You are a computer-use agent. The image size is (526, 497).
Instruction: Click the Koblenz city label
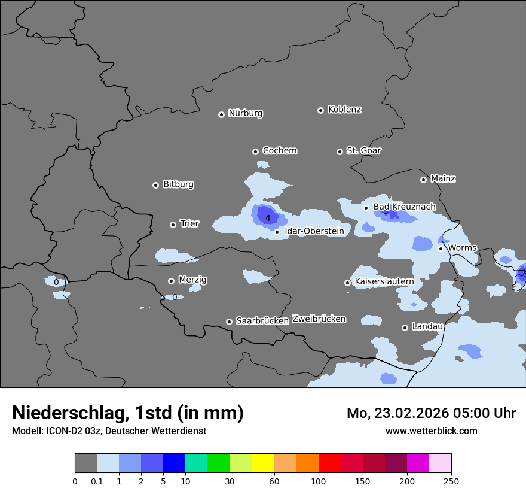(x=344, y=110)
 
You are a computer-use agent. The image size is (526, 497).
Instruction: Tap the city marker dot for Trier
(x=173, y=225)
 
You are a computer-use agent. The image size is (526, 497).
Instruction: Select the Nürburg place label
(x=245, y=113)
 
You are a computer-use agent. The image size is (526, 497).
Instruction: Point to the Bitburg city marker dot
(x=155, y=185)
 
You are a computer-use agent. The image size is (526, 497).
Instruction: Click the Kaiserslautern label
(x=384, y=281)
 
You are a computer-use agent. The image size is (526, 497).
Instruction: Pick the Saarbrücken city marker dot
(x=229, y=322)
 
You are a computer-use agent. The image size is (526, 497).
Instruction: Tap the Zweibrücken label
(x=319, y=319)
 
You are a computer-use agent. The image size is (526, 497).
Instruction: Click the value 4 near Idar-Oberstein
(x=268, y=218)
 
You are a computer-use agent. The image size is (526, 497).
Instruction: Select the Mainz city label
(x=443, y=178)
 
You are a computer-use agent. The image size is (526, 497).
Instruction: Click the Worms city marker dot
(x=441, y=249)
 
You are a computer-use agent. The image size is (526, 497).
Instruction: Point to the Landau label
(x=427, y=326)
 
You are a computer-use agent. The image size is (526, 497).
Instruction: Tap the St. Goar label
(x=363, y=150)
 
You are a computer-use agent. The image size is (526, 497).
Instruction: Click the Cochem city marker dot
(x=255, y=151)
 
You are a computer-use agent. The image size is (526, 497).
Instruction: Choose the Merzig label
(x=192, y=280)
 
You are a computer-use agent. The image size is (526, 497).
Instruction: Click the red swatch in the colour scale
(x=329, y=463)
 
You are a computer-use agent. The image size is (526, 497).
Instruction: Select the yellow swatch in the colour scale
(x=263, y=463)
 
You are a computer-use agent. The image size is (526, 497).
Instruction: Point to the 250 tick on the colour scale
(x=451, y=481)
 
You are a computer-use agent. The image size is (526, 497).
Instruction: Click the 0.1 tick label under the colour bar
(x=97, y=481)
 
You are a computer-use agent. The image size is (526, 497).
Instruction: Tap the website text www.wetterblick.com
(x=431, y=431)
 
